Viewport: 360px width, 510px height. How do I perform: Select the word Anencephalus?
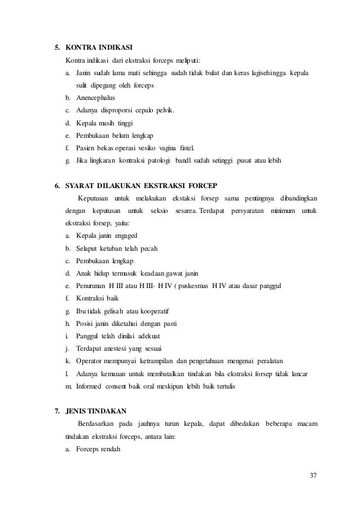(x=95, y=98)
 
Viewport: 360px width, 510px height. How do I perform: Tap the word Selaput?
(x=89, y=249)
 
